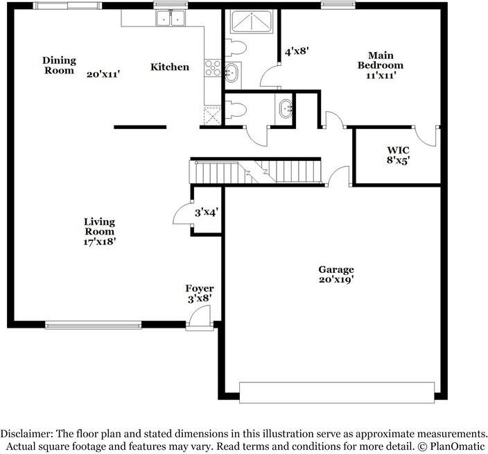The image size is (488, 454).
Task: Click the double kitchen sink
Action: point(170,19)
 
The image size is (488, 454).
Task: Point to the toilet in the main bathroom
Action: point(236,48)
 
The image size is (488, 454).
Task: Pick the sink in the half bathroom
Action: point(286,108)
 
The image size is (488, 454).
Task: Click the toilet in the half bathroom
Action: point(236,110)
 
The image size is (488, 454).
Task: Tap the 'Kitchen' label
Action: point(170,67)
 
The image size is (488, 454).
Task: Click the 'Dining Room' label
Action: point(59,65)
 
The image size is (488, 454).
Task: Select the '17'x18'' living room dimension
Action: point(99,242)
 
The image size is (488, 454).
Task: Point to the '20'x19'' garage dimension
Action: point(336,280)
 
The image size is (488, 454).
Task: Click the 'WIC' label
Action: point(398,150)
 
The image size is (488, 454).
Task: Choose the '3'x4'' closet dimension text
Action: point(206,212)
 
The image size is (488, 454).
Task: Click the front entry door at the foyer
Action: point(198,321)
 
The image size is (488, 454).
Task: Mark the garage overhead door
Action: point(337,392)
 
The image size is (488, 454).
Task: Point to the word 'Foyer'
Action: point(199,288)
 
